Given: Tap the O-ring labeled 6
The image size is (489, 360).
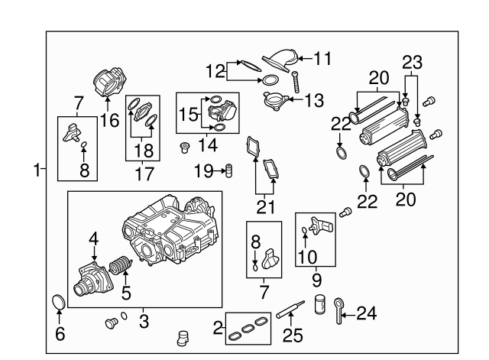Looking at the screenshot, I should click(58, 303).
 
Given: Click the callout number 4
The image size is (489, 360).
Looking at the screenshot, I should click(93, 239).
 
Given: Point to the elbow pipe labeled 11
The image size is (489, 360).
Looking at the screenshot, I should click(277, 60).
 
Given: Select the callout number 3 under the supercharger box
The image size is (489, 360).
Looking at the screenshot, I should click(143, 322).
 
